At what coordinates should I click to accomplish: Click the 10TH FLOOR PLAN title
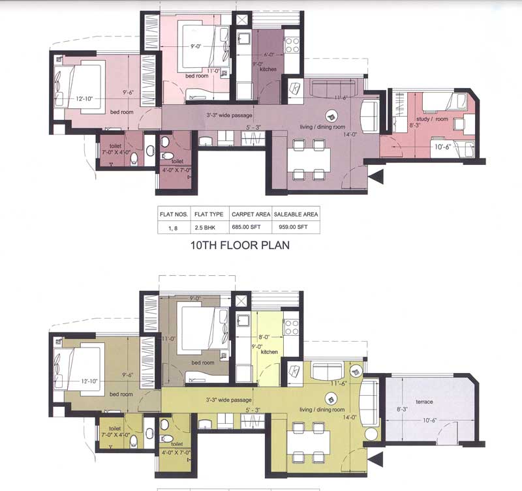[x=239, y=246]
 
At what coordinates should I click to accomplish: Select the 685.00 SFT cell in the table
[x=251, y=227]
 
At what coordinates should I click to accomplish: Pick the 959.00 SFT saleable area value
[x=296, y=227]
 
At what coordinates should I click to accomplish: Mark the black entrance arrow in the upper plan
[x=374, y=175]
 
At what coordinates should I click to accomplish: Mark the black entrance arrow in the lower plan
[x=374, y=460]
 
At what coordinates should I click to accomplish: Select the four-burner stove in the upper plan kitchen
[x=292, y=44]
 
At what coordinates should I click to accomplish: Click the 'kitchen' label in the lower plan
[x=269, y=352]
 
